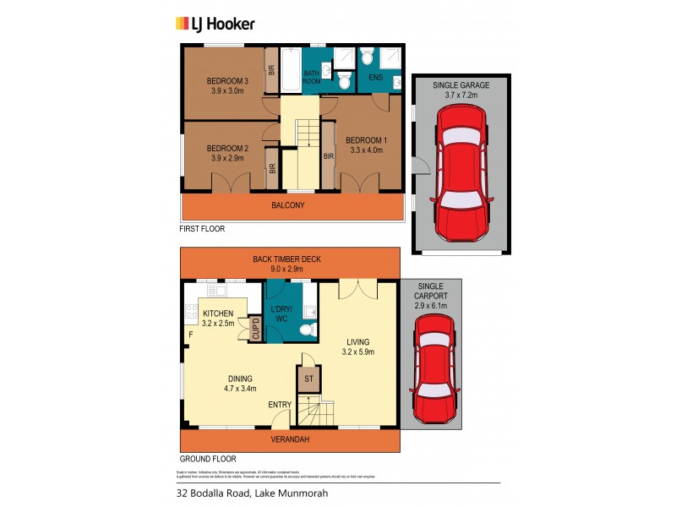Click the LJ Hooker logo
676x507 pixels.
(x=214, y=24)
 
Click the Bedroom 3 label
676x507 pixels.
(x=226, y=81)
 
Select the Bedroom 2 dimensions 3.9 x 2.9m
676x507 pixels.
(x=226, y=158)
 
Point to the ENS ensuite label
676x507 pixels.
(x=375, y=78)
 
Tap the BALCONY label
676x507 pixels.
(x=288, y=205)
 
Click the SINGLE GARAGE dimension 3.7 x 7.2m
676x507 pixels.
(x=461, y=96)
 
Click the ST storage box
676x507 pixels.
(x=308, y=379)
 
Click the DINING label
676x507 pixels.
(x=241, y=378)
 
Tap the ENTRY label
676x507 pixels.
(x=280, y=405)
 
